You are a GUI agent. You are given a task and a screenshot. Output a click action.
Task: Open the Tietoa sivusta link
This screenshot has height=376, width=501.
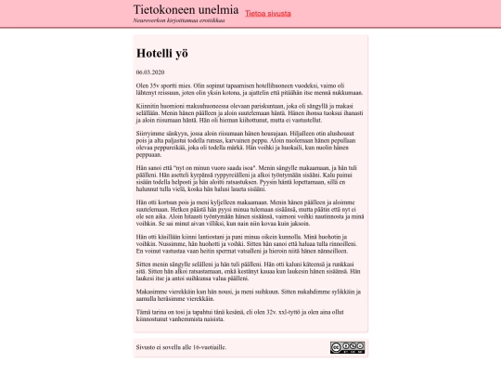(273, 14)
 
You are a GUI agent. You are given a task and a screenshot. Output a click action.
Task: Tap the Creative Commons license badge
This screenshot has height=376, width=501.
(347, 348)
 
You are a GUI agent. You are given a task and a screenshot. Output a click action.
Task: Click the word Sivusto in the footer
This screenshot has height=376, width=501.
(146, 347)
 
